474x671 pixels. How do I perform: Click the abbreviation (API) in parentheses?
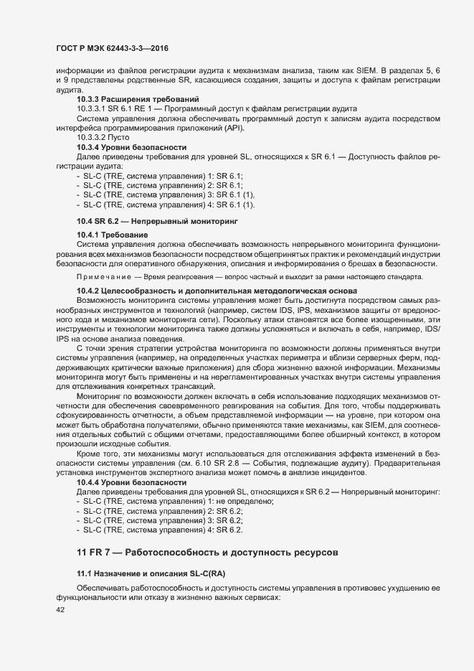click(x=232, y=127)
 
